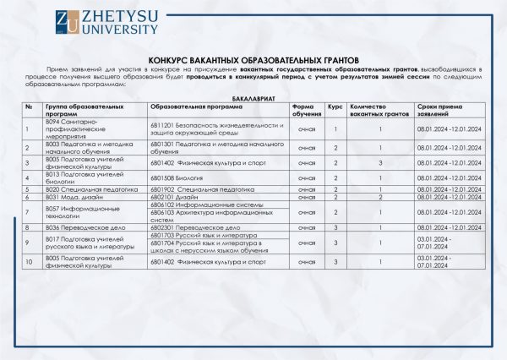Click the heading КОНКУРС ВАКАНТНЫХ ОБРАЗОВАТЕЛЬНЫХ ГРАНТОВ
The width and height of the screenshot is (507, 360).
(x=253, y=61)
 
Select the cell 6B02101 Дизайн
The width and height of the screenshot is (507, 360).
(x=174, y=198)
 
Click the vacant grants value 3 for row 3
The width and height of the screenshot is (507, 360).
(x=381, y=162)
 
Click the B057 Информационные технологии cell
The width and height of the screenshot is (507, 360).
(x=84, y=212)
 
